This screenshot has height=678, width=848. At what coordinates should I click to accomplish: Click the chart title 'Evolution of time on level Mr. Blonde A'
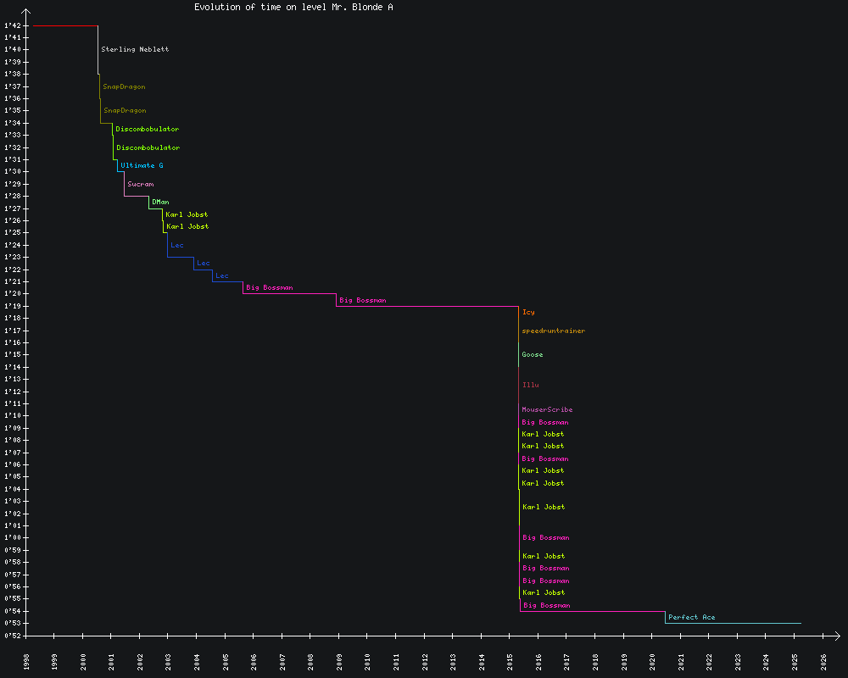(x=293, y=7)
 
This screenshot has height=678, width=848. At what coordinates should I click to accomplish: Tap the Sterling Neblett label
(x=135, y=49)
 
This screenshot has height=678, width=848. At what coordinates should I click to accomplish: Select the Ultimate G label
(x=142, y=165)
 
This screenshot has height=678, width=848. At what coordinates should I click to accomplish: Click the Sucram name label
(x=141, y=184)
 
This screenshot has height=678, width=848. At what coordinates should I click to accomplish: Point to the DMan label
(x=160, y=202)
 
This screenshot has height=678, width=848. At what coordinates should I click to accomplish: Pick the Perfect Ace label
(x=691, y=617)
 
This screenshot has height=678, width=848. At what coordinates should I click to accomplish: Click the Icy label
(x=528, y=312)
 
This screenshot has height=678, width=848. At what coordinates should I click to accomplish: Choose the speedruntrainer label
(x=553, y=331)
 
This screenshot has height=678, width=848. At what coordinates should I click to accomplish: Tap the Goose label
(x=533, y=354)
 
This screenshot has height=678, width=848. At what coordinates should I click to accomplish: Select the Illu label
(x=531, y=385)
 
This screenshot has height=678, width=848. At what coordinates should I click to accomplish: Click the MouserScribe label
(x=547, y=409)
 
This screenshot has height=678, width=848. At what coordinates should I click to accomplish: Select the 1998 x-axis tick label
(x=26, y=661)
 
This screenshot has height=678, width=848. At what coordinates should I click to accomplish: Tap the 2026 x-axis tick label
(x=823, y=661)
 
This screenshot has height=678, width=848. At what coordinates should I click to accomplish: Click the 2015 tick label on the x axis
(x=510, y=661)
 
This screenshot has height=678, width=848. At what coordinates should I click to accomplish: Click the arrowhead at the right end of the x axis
(x=837, y=635)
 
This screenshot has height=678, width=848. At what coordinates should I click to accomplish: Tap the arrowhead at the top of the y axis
(x=26, y=12)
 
